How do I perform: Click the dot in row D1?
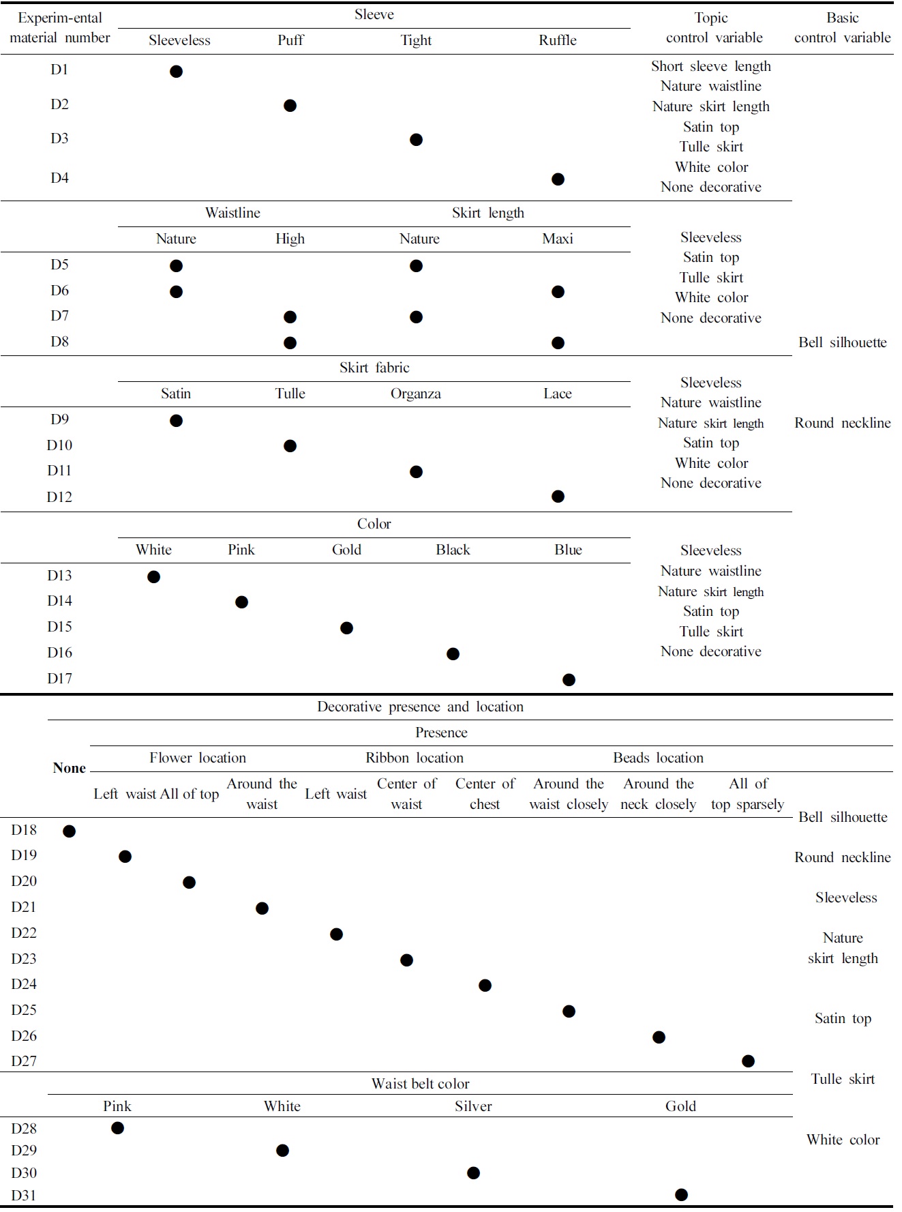click(176, 71)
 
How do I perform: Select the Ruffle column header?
click(557, 40)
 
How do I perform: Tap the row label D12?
click(59, 497)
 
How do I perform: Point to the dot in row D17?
click(569, 680)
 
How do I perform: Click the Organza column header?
click(415, 394)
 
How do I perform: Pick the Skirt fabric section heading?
click(374, 368)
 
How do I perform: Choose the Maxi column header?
click(557, 239)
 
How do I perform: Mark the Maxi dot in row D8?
click(558, 342)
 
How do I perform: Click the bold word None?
click(70, 768)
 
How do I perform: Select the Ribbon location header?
click(415, 758)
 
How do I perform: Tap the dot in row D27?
click(748, 1061)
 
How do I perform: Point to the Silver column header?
click(473, 1106)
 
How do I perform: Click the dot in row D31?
click(681, 1194)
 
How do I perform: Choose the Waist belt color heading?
click(420, 1084)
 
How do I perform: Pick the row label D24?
click(24, 984)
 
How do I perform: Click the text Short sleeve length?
click(710, 66)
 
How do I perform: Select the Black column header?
click(453, 550)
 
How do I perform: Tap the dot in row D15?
click(346, 627)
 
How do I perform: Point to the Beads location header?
click(658, 758)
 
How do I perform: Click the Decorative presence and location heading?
click(420, 707)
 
